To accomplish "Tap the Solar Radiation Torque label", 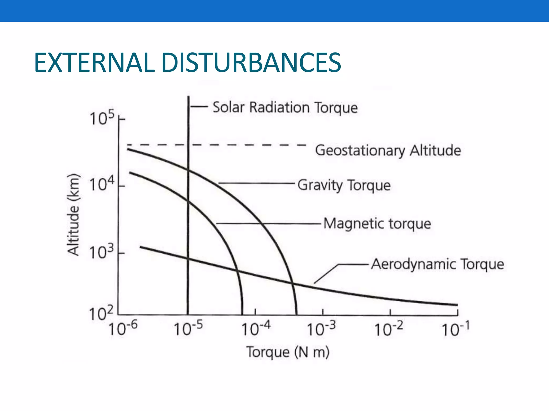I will click(x=285, y=108).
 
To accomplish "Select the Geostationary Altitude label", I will click(x=388, y=150).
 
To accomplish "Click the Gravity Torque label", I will click(x=344, y=185).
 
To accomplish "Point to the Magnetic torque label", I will click(x=377, y=223).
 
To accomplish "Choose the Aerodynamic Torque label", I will click(x=437, y=264).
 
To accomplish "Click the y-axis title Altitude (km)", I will click(x=73, y=215).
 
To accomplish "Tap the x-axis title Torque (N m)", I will click(x=288, y=352).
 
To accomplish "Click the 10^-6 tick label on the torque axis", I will click(x=123, y=329).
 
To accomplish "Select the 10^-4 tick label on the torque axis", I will click(x=256, y=329).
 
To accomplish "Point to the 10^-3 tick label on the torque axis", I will click(x=321, y=329).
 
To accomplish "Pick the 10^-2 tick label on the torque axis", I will click(x=388, y=329).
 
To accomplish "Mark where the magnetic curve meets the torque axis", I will click(x=242, y=314).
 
